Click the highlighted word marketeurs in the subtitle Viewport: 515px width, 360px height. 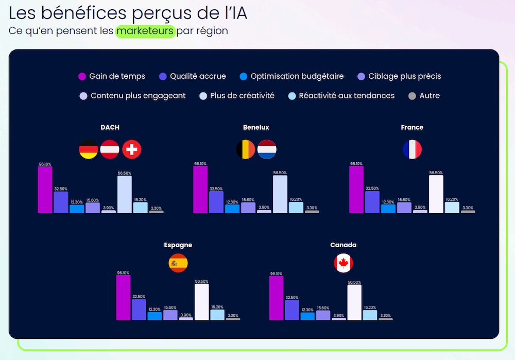click(x=145, y=31)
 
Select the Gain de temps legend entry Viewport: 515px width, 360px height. click(x=111, y=76)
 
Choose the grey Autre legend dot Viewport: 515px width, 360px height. click(x=412, y=96)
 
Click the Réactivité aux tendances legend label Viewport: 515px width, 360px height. click(x=347, y=96)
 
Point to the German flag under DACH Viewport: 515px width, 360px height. click(x=89, y=149)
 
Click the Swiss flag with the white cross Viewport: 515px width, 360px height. click(x=132, y=149)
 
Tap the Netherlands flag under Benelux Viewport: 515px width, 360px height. click(x=267, y=149)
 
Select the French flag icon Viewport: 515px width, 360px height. click(x=412, y=149)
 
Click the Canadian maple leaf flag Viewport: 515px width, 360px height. click(x=343, y=264)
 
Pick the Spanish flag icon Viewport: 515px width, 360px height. click(x=178, y=264)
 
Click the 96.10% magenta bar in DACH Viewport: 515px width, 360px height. click(x=45, y=190)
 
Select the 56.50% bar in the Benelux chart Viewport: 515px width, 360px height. click(x=280, y=194)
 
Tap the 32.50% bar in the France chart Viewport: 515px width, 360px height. click(x=372, y=202)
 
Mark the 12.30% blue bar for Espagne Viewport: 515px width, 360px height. click(x=154, y=316)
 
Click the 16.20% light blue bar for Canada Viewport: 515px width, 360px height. click(x=370, y=315)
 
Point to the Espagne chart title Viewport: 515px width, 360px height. click(x=178, y=245)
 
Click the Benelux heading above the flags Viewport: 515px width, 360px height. click(x=256, y=127)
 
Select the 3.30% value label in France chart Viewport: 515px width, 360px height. click(x=468, y=208)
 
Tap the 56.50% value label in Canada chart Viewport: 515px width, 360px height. click(x=354, y=282)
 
